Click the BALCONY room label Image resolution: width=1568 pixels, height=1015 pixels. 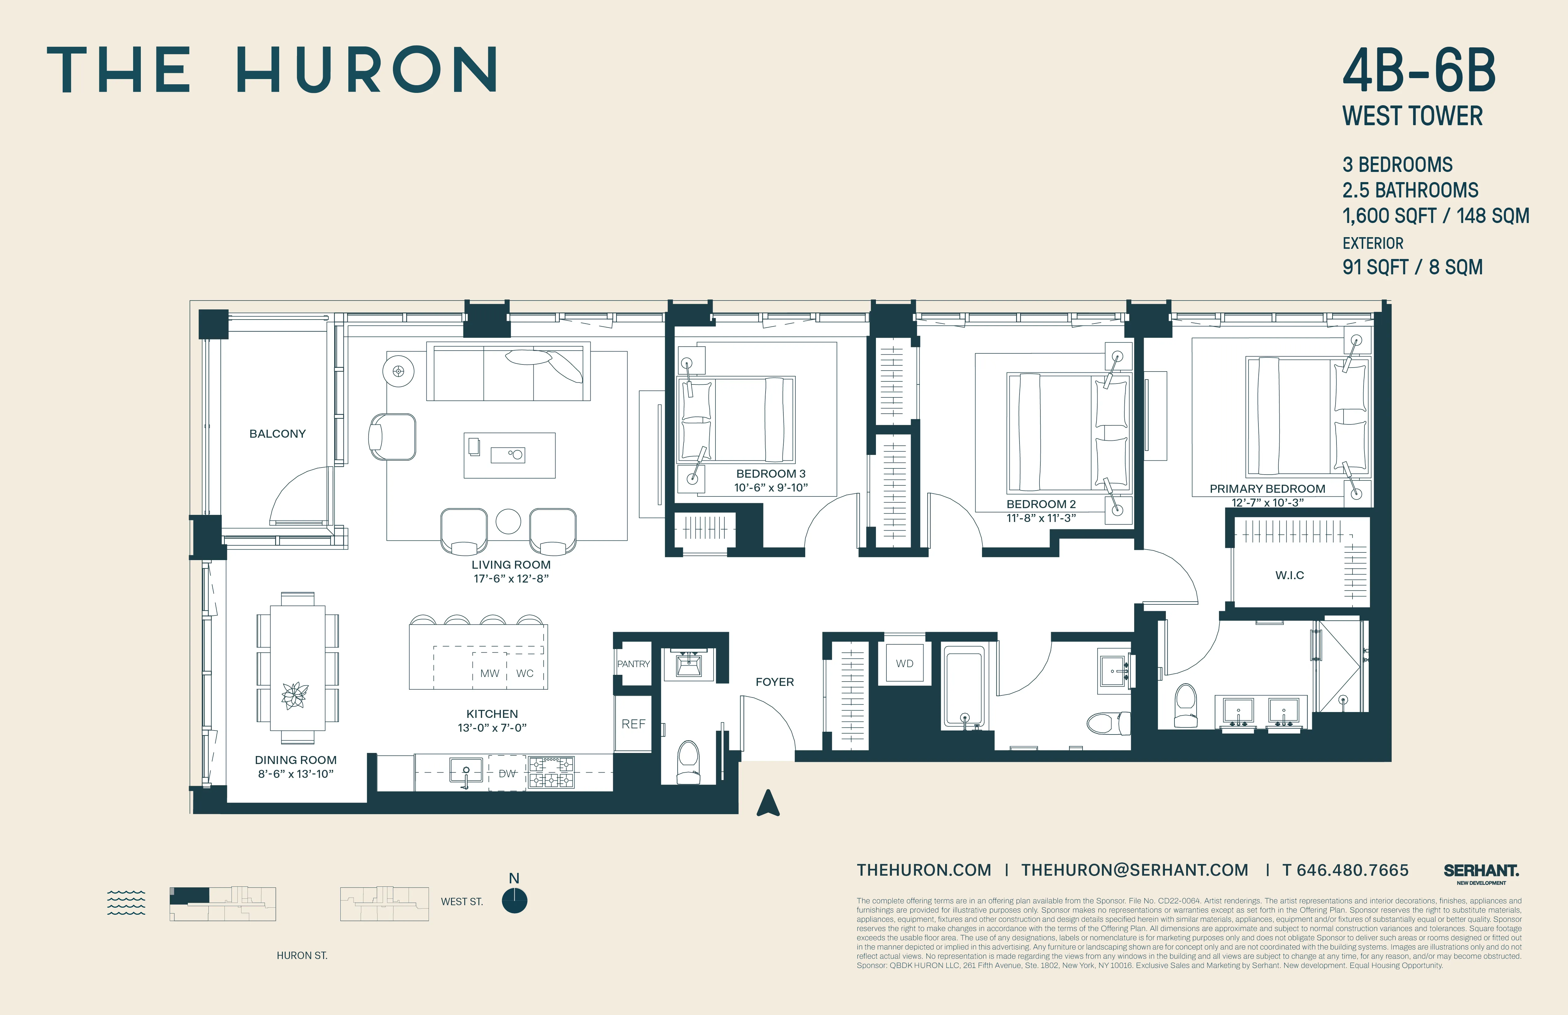[x=277, y=434]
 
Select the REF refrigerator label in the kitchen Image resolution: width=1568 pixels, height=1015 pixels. [x=633, y=724]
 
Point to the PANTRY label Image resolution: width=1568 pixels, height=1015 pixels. [x=633, y=664]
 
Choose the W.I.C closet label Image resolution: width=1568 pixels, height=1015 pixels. [x=1289, y=575]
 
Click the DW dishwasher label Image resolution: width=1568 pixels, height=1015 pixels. [x=507, y=773]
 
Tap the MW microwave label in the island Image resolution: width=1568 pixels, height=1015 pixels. [x=489, y=673]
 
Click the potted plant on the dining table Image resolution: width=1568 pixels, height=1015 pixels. [x=295, y=695]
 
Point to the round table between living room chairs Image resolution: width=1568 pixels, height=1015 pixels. [x=508, y=521]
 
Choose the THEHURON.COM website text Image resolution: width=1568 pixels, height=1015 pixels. [x=924, y=870]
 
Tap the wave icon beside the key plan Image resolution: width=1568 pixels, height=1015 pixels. [x=126, y=902]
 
